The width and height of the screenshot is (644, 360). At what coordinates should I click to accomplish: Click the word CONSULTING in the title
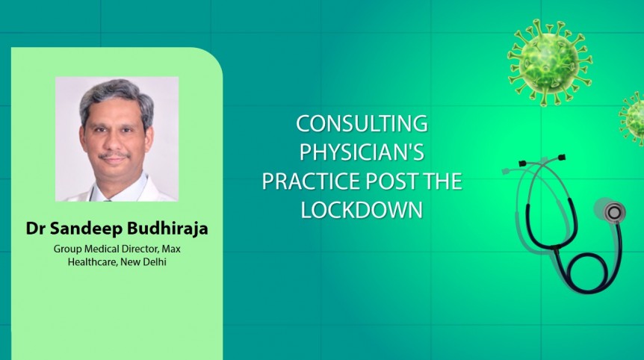[362, 123]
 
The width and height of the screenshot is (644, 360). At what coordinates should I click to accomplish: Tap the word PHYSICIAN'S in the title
[362, 152]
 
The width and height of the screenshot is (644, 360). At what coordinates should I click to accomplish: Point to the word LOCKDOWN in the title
[362, 210]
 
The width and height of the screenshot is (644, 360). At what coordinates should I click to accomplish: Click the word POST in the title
[397, 181]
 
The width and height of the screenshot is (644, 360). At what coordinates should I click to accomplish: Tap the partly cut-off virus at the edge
[634, 118]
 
